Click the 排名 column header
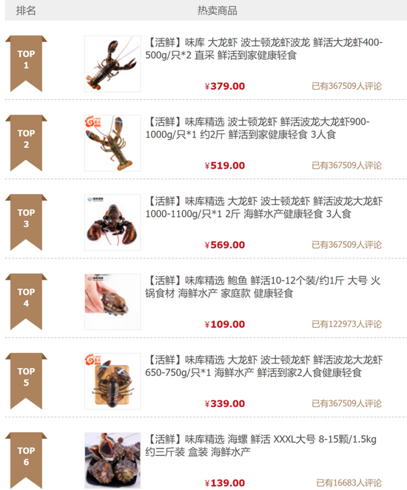click(26, 10)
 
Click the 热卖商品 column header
click(217, 10)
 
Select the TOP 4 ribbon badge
click(26, 301)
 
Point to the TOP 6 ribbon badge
click(26, 460)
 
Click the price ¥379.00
click(224, 86)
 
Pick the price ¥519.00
click(224, 165)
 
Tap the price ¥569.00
click(224, 245)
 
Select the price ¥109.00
click(224, 324)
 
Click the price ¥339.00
click(224, 403)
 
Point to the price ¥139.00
click(224, 483)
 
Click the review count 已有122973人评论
click(347, 324)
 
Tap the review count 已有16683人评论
click(349, 483)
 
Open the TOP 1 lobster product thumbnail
click(112, 64)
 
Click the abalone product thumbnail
click(112, 302)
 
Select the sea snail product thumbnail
click(112, 460)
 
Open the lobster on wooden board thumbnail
click(112, 381)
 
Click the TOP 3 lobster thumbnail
click(112, 223)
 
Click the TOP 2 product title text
click(258, 128)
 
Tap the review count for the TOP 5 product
click(347, 403)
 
